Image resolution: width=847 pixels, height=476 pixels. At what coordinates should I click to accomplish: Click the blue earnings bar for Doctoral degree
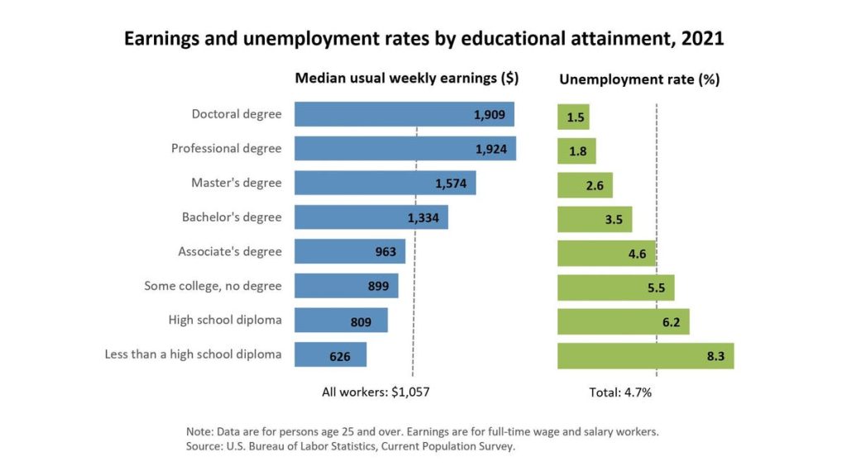pos(404,114)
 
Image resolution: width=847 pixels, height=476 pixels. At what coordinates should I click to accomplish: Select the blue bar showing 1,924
pos(405,149)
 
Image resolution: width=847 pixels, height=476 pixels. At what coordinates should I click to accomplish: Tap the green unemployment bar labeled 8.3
pos(645,355)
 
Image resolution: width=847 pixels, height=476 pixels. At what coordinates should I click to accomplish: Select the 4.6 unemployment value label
pos(636,253)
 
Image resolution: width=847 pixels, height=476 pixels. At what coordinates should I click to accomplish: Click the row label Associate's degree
pos(230,251)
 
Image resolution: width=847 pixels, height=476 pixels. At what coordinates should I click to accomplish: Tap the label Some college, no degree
pos(213,286)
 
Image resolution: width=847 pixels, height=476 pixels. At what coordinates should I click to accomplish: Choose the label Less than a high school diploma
pos(193,355)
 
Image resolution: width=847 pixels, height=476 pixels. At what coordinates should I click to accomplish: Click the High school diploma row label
pos(225,320)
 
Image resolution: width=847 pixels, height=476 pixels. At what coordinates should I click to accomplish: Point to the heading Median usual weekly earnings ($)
pos(407,79)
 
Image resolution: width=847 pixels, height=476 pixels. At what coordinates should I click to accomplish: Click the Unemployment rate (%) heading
pos(639,80)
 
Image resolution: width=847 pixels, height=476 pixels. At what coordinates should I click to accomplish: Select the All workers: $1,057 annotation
pos(376,393)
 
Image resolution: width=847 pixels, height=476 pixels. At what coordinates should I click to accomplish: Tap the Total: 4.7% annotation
pos(620,393)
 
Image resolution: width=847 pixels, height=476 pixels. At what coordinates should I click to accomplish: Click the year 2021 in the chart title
pos(698,39)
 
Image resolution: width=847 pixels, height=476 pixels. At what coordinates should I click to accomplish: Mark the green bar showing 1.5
pos(573,117)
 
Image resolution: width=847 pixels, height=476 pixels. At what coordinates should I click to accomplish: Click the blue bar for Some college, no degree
pos(346,287)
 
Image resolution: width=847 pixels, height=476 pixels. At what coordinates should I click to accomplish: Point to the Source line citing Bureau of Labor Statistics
pos(351,447)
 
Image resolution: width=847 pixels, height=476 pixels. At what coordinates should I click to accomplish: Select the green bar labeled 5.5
pos(615,288)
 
